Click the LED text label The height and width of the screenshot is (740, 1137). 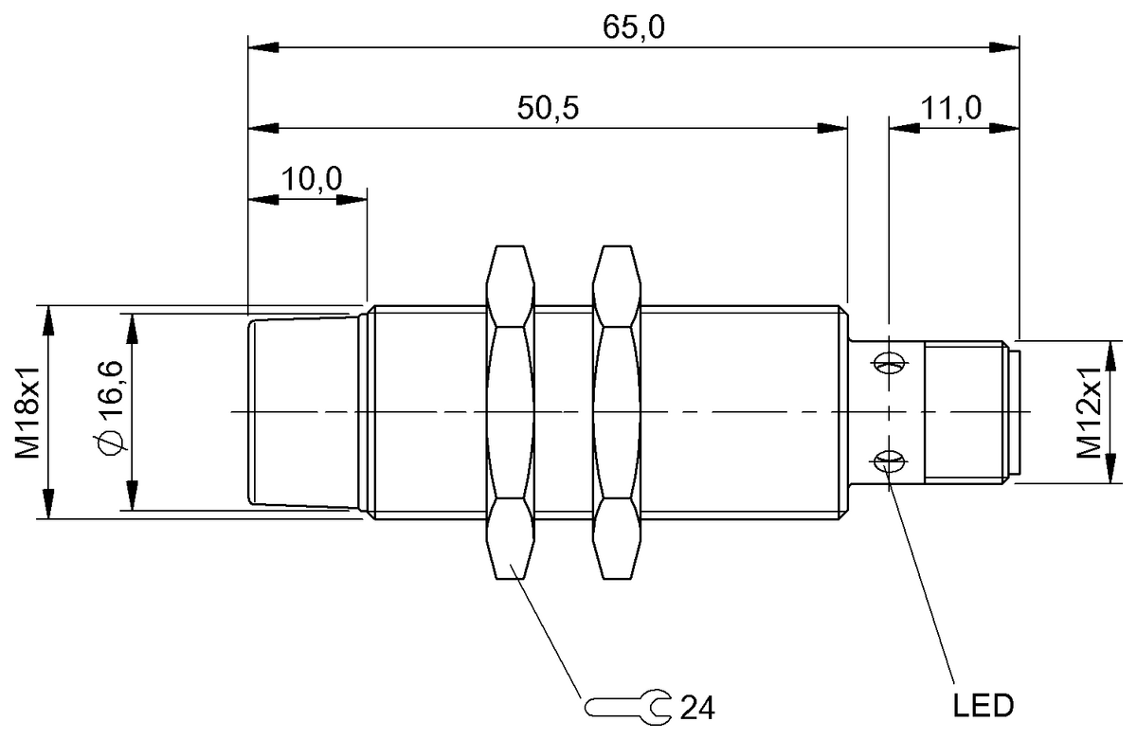982,706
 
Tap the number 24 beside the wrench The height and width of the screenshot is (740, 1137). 696,706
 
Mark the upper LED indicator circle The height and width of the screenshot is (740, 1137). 888,361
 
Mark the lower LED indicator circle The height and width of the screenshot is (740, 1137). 888,461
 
